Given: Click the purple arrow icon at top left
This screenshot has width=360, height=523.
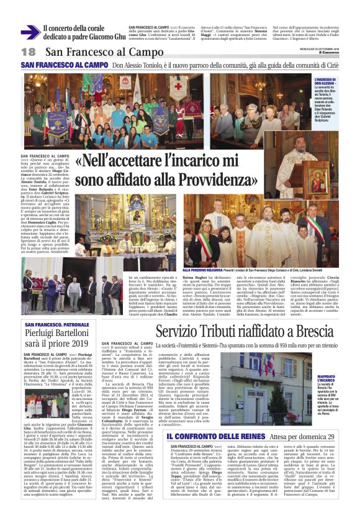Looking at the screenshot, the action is (30, 32).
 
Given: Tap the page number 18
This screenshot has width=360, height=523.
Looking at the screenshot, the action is (29, 52).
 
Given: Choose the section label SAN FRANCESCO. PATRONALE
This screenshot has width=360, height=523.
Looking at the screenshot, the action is (56, 324).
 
